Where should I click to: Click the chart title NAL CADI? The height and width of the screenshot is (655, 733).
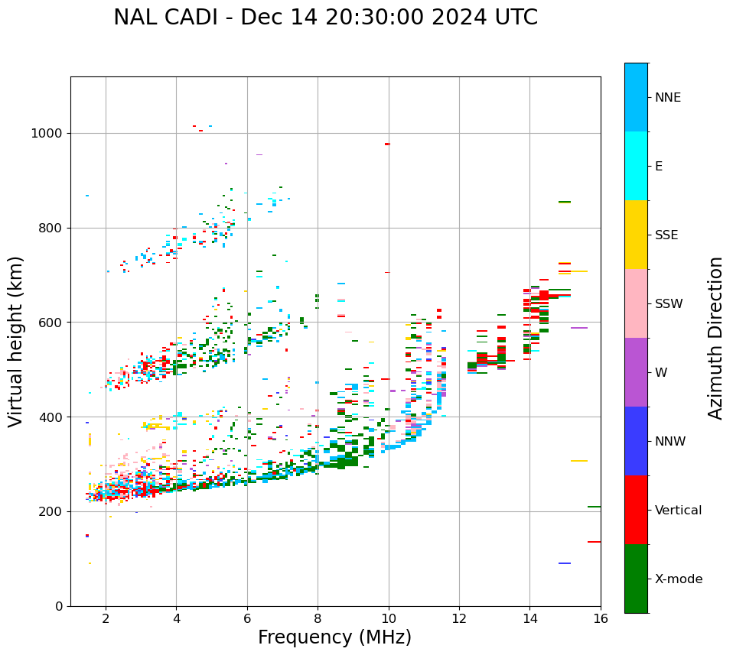pyautogui.click(x=325, y=18)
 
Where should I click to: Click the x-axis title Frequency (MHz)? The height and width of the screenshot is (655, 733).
pyautogui.click(x=334, y=637)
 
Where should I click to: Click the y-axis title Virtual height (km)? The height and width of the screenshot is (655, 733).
pyautogui.click(x=16, y=342)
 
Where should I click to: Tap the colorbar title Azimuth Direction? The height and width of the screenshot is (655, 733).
pyautogui.click(x=715, y=338)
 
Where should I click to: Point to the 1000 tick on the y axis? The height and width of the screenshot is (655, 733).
pyautogui.click(x=47, y=134)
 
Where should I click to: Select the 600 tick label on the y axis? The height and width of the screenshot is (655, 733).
pyautogui.click(x=51, y=323)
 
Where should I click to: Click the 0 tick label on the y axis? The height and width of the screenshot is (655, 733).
pyautogui.click(x=59, y=606)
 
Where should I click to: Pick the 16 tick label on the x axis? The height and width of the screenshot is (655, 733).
pyautogui.click(x=601, y=618)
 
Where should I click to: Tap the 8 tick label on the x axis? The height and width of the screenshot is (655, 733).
pyautogui.click(x=318, y=618)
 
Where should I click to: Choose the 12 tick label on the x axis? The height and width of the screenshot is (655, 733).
pyautogui.click(x=459, y=618)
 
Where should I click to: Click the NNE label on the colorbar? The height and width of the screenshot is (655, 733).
pyautogui.click(x=668, y=98)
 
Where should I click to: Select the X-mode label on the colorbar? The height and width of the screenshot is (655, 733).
pyautogui.click(x=679, y=579)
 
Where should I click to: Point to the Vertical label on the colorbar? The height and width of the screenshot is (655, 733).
pyautogui.click(x=678, y=511)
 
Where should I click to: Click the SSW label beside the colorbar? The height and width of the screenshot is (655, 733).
pyautogui.click(x=669, y=304)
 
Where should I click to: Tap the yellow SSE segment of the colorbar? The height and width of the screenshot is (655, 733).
pyautogui.click(x=636, y=235)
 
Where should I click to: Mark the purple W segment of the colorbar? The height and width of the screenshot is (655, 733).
pyautogui.click(x=636, y=372)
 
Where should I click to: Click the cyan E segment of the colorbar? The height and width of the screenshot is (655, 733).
pyautogui.click(x=636, y=166)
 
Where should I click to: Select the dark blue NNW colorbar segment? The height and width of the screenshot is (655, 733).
pyautogui.click(x=636, y=441)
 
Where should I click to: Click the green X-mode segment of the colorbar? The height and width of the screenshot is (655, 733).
pyautogui.click(x=636, y=579)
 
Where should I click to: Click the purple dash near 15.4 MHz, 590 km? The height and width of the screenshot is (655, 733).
pyautogui.click(x=579, y=328)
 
